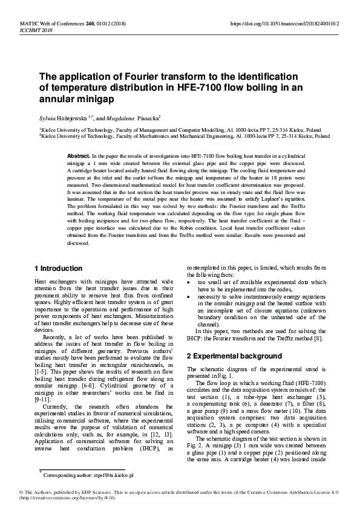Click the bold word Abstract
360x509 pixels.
[x=78, y=156]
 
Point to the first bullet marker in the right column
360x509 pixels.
[x=190, y=282]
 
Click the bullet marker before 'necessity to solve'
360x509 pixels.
[x=190, y=297]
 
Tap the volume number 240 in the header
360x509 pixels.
[x=90, y=24]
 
